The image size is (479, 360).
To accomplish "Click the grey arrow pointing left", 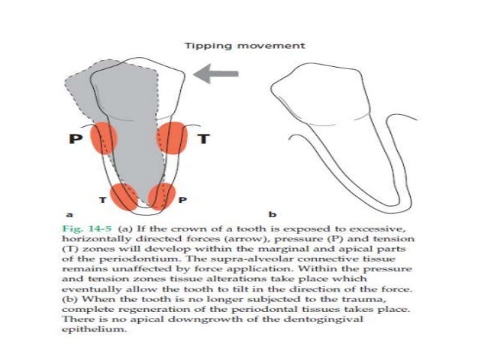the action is coord(217,74).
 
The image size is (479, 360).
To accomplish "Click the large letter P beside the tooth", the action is coord(75,140).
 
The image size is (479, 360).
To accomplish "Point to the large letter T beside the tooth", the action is coord(202,139).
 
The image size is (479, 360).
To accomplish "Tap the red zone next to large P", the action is coord(104,140).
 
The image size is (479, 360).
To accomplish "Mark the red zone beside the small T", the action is coord(123,197).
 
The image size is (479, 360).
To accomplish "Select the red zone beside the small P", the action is coord(161,197).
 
